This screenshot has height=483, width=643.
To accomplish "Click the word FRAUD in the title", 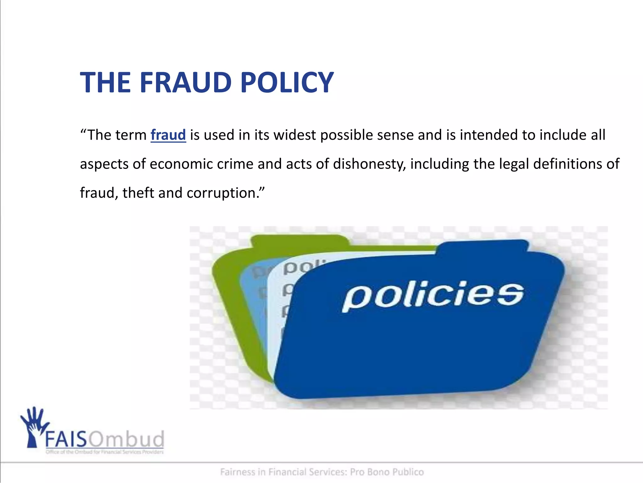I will point(185,82).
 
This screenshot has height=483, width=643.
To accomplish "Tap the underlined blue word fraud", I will point(168,135).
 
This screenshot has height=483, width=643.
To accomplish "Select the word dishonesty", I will point(369,164).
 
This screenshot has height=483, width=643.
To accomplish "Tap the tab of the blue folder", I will point(484,247).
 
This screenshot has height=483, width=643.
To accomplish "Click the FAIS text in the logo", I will point(66,439).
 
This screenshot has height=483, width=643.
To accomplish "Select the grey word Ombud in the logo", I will point(126,439).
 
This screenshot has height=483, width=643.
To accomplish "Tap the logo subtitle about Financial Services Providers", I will point(105,452).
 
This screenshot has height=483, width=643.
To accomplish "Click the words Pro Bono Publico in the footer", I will point(387,472).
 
